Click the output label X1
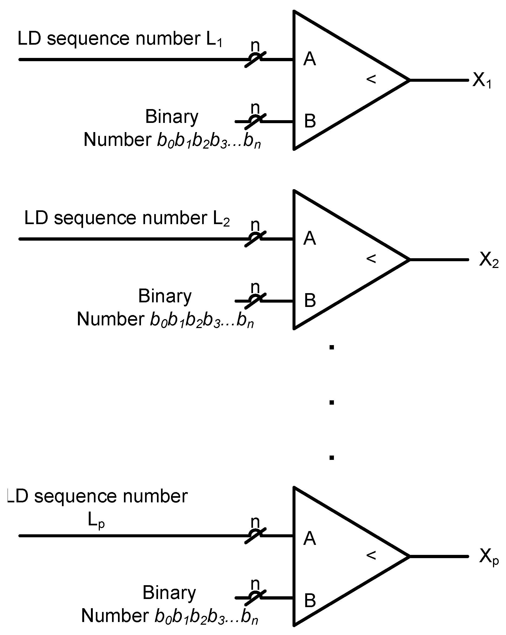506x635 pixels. (482, 80)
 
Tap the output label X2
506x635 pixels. (489, 260)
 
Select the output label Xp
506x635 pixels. (489, 557)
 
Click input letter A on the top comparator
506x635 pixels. (310, 59)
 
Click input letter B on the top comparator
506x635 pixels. (310, 121)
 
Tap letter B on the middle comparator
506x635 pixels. (310, 300)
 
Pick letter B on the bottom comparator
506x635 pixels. (310, 601)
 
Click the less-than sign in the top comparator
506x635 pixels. (371, 79)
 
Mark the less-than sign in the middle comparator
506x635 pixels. (371, 258)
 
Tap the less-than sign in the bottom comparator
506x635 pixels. (371, 555)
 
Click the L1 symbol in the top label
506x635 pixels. (214, 39)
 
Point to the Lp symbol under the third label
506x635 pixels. (96, 521)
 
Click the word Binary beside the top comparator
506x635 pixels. (172, 117)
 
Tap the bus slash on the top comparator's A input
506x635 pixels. (255, 60)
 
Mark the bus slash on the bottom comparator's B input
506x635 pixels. (255, 598)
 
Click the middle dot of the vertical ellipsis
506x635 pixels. (332, 402)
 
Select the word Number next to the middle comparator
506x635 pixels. (110, 319)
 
